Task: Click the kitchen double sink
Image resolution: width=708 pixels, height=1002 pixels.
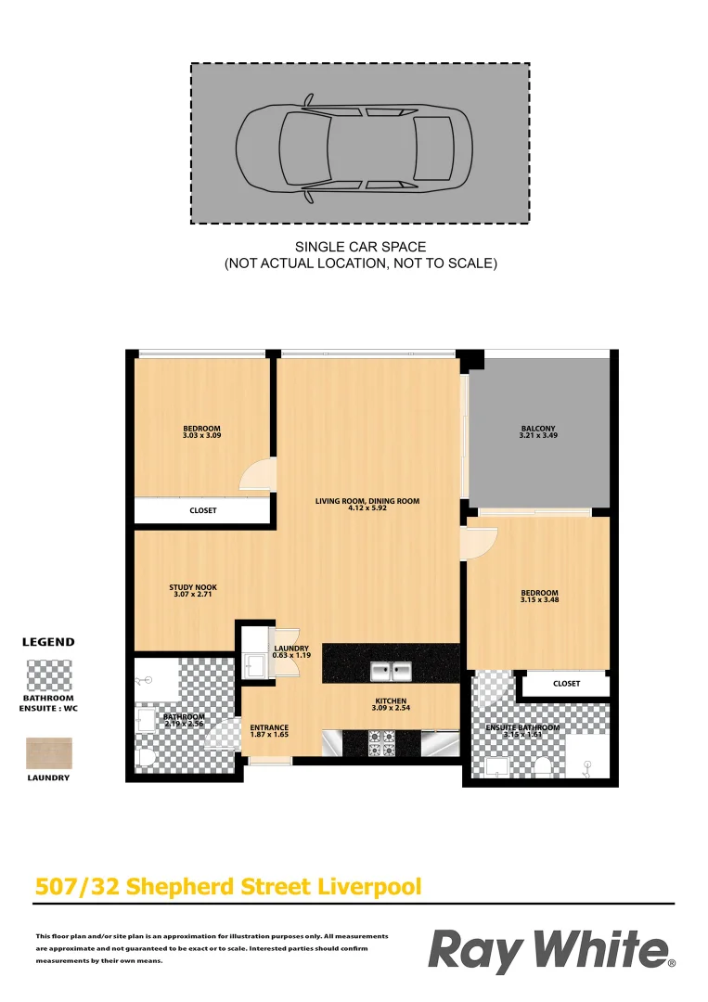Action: [391, 669]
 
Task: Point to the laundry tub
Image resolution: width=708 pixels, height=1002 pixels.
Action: [252, 663]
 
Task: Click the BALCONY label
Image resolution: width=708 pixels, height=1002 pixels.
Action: [538, 428]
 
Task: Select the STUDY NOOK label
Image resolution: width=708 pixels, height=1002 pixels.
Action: [193, 587]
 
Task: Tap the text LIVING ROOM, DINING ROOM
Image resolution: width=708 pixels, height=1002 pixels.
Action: [367, 501]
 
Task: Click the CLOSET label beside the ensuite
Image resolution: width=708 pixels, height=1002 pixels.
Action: [566, 684]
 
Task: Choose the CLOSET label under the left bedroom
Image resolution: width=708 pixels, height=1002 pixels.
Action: [202, 510]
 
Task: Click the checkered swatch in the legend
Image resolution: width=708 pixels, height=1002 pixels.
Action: [49, 674]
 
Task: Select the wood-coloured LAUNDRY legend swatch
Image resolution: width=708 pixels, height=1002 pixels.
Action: [49, 752]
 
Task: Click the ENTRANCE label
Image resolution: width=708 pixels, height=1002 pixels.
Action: [269, 728]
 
